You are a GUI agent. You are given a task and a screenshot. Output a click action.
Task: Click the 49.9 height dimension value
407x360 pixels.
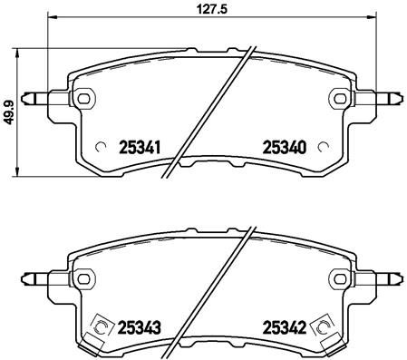8,113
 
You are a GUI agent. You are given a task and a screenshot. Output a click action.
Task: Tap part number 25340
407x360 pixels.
284,146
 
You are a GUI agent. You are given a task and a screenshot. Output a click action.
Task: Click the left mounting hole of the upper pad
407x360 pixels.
84,98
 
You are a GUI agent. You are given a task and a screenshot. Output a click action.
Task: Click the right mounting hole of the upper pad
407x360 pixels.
340,98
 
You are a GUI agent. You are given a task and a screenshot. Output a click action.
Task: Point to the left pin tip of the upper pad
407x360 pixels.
30,98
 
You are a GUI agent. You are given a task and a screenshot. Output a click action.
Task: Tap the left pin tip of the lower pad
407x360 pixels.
30,277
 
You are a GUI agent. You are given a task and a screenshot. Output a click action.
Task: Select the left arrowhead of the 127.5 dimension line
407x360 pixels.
50,18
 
